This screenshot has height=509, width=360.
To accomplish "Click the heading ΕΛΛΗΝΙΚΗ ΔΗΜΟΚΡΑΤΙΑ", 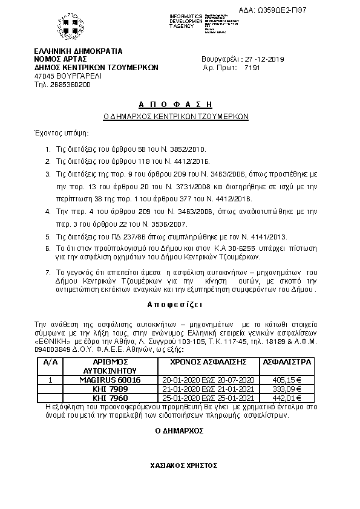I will (79, 51).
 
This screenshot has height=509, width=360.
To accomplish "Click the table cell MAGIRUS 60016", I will (110, 380).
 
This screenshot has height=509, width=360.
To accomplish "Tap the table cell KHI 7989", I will (110, 388).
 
